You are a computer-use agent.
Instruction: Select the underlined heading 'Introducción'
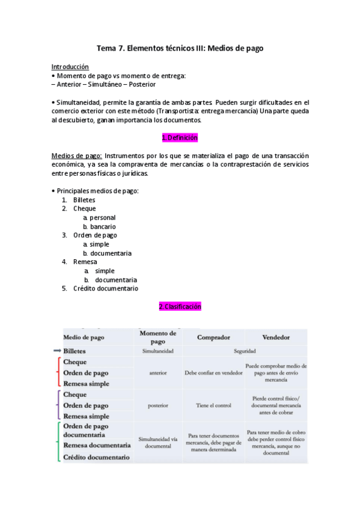tap(70, 67)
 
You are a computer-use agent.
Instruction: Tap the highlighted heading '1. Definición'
tap(180, 138)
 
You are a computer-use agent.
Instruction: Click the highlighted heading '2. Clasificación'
tap(180, 307)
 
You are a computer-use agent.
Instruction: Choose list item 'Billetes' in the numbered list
tap(84, 200)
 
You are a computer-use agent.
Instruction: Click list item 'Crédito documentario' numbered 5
tap(105, 288)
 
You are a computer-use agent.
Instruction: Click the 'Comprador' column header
tap(213, 337)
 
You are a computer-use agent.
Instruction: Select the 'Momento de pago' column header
tap(157, 337)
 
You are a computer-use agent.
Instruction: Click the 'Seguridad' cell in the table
tap(245, 351)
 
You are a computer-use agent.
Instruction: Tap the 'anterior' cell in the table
tap(157, 372)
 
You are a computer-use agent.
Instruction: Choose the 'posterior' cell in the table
tap(157, 405)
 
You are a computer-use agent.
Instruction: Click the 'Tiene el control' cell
tap(213, 405)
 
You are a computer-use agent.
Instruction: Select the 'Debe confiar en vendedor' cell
tap(213, 372)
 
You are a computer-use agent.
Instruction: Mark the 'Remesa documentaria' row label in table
tap(97, 446)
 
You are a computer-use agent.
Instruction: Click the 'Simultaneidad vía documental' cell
tap(157, 443)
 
